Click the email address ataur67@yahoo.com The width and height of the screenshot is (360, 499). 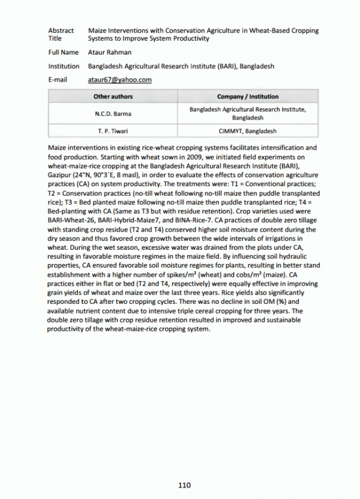coord(119,80)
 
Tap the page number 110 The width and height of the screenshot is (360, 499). coord(184,485)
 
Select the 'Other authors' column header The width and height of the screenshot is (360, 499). coord(113,96)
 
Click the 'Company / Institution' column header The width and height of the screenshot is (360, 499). coord(247,96)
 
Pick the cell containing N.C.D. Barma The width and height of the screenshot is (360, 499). coord(113,113)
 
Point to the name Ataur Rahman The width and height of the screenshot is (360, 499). coord(107,53)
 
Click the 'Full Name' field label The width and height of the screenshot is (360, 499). coord(63,53)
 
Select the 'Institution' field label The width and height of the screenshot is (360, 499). coord(64,67)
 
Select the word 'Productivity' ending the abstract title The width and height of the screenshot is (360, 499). coord(191,38)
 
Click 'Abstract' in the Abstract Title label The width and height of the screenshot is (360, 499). coord(61,31)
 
